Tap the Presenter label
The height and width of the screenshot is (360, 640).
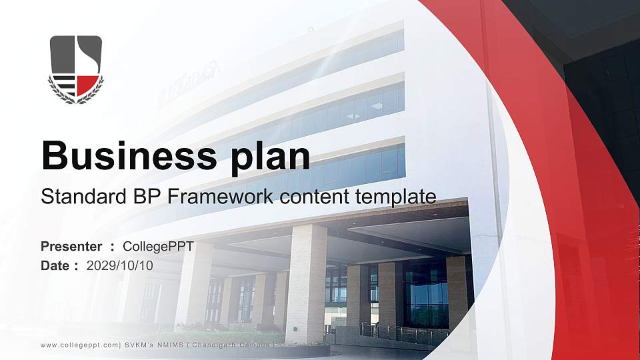pos(71,247)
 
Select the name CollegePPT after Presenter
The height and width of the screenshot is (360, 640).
pos(159,247)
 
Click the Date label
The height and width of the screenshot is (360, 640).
pos(56,265)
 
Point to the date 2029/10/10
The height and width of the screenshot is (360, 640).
pos(120,265)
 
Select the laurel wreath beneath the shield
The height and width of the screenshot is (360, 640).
pos(75,98)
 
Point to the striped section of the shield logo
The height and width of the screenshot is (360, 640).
pos(63,85)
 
